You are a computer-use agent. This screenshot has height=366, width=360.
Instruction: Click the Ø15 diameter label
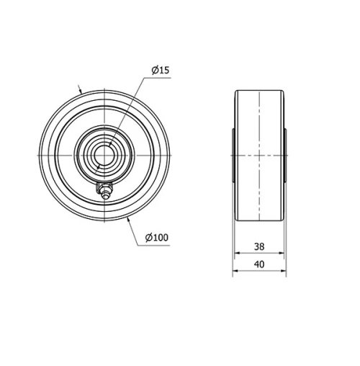click(160, 70)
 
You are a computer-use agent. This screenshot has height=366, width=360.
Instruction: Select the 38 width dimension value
click(259, 246)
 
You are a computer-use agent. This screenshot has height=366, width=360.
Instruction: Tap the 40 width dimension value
click(259, 264)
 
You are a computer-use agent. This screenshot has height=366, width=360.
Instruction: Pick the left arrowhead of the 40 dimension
click(234, 272)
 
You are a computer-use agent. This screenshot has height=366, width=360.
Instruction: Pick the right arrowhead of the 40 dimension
click(284, 272)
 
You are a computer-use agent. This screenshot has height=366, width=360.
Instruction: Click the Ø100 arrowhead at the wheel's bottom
click(129, 218)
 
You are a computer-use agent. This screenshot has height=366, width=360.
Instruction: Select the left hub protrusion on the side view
click(234, 156)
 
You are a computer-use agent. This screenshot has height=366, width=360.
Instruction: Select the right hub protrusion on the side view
click(285, 156)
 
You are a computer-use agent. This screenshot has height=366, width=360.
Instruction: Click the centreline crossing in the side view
click(259, 156)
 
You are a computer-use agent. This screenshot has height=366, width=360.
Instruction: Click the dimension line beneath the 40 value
click(259, 272)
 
